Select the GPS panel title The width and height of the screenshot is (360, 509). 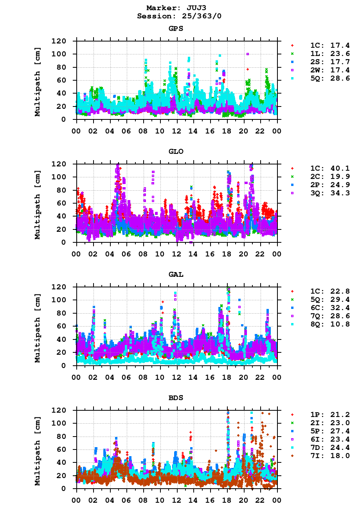pyautogui.click(x=176, y=29)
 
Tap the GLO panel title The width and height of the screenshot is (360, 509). pyautogui.click(x=176, y=152)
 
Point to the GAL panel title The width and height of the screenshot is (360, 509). pyautogui.click(x=176, y=274)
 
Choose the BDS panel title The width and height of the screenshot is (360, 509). pyautogui.click(x=176, y=398)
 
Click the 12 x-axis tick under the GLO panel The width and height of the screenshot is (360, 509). pyautogui.click(x=176, y=254)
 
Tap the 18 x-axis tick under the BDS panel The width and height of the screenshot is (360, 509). pyautogui.click(x=227, y=500)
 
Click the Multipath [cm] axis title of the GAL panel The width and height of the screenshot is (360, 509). pyautogui.click(x=38, y=327)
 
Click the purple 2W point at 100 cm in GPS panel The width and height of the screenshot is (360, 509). pyautogui.click(x=248, y=54)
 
